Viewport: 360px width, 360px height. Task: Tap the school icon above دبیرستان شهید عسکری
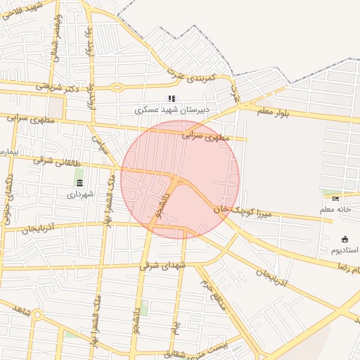pos(170,99)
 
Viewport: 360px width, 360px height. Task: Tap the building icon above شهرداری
pos(79,184)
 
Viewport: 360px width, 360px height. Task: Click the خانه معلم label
pos(335,210)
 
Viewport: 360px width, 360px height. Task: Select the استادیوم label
pos(344,250)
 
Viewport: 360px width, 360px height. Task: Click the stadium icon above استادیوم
pos(344,240)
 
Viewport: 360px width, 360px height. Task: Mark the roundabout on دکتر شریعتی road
pos(117,87)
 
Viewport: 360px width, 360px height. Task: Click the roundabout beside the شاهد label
pos(37,314)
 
